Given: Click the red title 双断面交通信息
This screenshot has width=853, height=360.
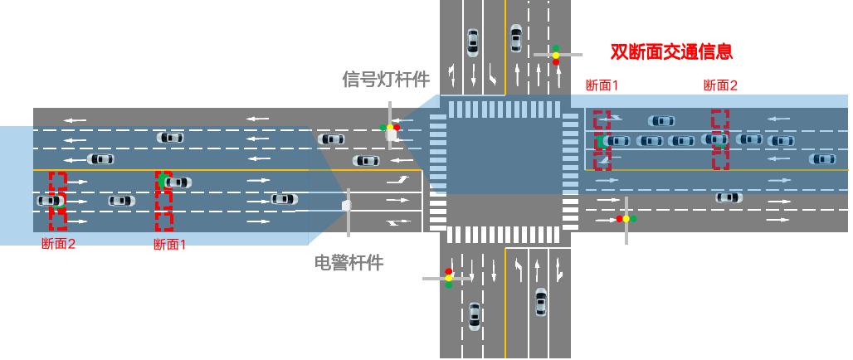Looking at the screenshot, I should [671, 51].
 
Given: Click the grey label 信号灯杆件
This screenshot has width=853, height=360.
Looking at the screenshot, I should [386, 80].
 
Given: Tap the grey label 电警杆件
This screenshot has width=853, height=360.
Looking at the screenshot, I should [349, 263].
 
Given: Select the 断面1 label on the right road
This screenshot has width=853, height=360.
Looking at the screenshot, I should [602, 85].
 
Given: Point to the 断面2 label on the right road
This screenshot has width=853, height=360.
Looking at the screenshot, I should [719, 85].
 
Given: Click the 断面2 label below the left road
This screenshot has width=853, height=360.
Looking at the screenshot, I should [58, 244].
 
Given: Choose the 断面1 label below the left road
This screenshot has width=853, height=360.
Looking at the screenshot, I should [170, 244].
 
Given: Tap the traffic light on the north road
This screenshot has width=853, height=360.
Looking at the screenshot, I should [555, 56].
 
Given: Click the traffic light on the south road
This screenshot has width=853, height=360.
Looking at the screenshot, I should [449, 278].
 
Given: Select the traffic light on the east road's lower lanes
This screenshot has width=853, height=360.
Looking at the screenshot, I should [626, 219].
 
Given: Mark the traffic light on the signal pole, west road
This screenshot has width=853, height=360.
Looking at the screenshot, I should [390, 128].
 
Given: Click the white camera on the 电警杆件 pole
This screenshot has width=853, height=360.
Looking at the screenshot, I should [347, 202].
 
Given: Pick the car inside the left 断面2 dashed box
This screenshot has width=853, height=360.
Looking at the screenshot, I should [50, 200].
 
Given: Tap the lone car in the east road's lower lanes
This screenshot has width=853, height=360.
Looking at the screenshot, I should [729, 197].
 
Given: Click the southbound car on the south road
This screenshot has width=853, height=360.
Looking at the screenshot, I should [474, 315].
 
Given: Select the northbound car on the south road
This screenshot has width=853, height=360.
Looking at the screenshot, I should [541, 301].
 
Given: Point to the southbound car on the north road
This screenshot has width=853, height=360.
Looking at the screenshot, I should [472, 41].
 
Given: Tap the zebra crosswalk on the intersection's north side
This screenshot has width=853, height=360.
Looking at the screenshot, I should [504, 108].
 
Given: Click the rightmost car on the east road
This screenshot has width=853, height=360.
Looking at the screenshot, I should [822, 158].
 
